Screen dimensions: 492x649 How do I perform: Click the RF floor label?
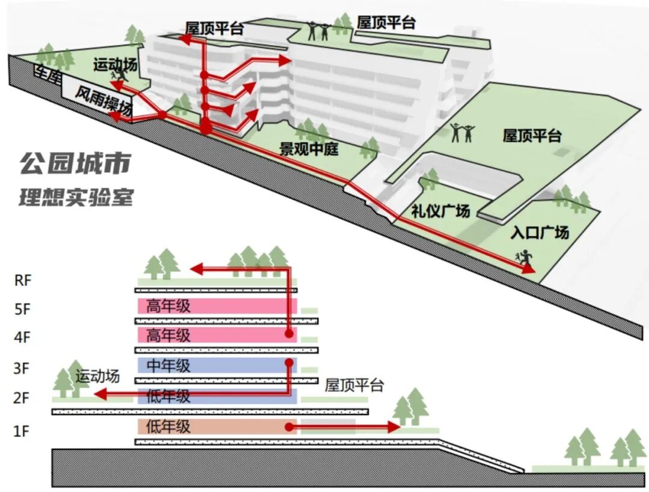pos(22,280)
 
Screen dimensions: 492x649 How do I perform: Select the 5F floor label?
pos(22,309)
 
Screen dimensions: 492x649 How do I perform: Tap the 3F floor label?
pos(22,368)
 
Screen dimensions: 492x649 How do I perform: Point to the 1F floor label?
pos(22,430)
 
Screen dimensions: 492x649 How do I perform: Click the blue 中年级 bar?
pos(216,365)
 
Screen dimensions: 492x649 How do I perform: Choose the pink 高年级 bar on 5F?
pos(216,306)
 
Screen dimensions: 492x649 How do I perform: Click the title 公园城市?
pos(75,163)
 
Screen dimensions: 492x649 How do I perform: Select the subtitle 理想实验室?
pos(75,197)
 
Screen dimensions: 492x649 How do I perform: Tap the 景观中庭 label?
pos(309,148)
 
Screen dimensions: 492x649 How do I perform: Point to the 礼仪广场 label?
pos(440,211)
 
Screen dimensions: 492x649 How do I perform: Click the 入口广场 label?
pos(539,232)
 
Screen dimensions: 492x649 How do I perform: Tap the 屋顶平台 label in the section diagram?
pos(354,385)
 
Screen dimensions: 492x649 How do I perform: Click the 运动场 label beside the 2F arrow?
pos(97,377)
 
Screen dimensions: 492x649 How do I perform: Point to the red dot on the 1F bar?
pos(289,427)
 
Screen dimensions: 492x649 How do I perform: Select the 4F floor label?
pos(22,338)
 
